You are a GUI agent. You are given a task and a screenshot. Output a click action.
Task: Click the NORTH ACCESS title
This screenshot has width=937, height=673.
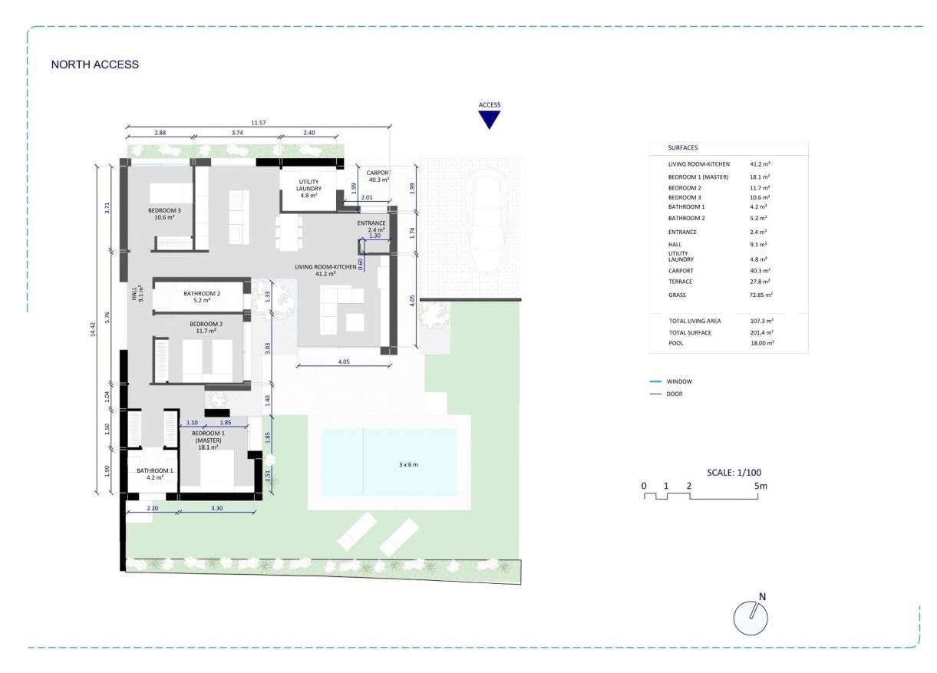[x=94, y=64]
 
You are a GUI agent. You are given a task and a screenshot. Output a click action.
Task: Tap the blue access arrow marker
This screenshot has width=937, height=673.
[x=489, y=120]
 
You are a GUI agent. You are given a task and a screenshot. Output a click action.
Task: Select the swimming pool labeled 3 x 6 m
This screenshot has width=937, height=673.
[x=388, y=462]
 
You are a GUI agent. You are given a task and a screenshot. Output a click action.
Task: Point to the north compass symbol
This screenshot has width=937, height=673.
[x=751, y=617]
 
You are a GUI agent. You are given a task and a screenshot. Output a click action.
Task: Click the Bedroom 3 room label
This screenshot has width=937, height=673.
[x=165, y=213]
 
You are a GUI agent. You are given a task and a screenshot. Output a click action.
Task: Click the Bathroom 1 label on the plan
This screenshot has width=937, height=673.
[x=155, y=473]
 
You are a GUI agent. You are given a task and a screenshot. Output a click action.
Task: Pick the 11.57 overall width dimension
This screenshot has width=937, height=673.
[x=259, y=123]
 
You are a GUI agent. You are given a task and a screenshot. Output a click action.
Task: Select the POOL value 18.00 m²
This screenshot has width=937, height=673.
[x=761, y=343]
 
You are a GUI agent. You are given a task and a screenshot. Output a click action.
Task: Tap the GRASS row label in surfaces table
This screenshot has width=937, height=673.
[x=677, y=295]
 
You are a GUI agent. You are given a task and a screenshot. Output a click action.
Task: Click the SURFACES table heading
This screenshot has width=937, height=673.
[x=683, y=147]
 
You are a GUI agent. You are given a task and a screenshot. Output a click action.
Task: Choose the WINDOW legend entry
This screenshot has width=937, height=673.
[x=679, y=381]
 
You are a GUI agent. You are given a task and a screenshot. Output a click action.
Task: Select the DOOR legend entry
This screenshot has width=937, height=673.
[x=675, y=394]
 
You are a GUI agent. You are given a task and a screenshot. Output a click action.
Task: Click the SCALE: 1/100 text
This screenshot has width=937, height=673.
[x=734, y=473]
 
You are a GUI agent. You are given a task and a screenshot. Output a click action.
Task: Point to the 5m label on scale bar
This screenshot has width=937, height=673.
[x=760, y=487]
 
